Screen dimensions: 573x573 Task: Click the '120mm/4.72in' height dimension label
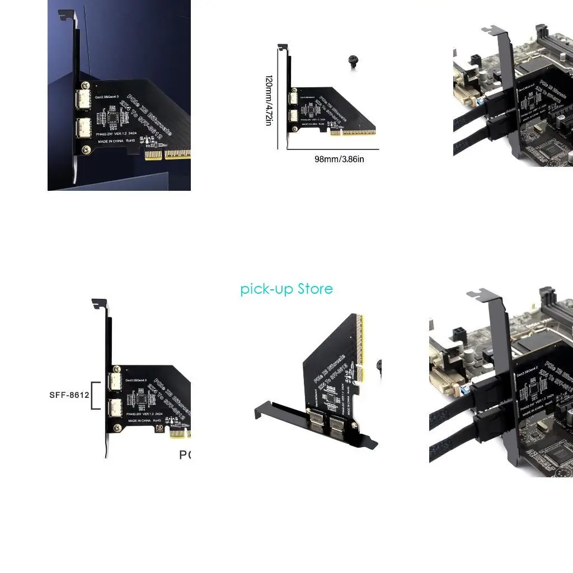click(269, 100)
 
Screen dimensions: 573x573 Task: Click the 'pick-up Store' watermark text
click(286, 289)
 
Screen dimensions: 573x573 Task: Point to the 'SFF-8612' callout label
click(69, 395)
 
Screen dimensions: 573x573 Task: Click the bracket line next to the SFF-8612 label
click(96, 396)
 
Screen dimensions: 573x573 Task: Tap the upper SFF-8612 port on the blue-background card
click(84, 101)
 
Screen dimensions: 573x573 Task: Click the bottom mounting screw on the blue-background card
click(86, 150)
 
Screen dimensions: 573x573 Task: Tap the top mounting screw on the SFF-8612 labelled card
click(117, 369)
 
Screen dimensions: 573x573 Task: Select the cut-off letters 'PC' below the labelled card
click(185, 455)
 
